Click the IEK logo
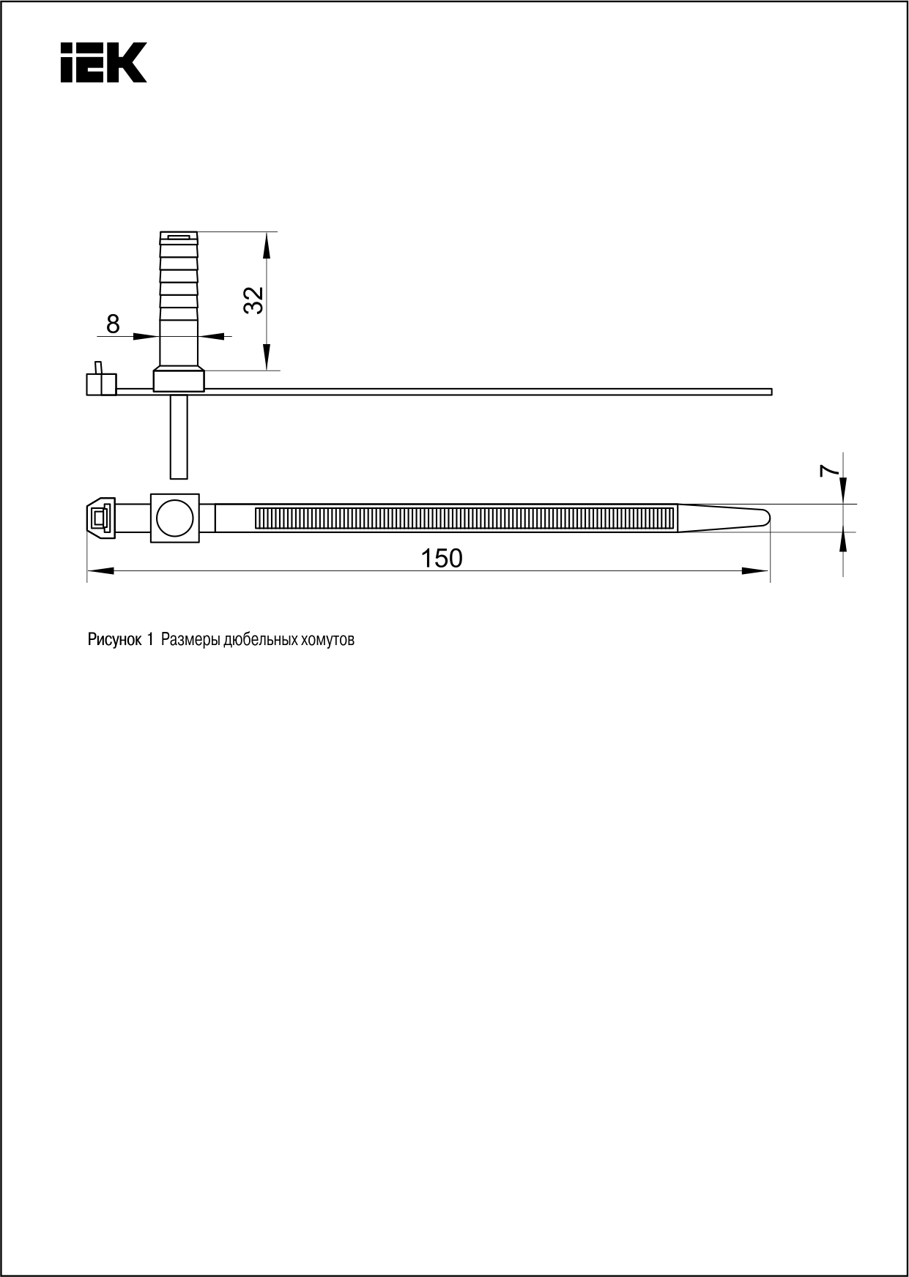point(103,62)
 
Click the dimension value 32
point(253,300)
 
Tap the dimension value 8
point(113,324)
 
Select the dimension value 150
point(442,559)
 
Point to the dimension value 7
point(828,471)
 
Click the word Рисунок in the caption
point(115,640)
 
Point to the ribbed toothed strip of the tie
point(464,518)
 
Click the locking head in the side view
point(100,382)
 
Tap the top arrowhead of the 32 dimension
point(267,245)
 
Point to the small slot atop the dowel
point(179,237)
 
